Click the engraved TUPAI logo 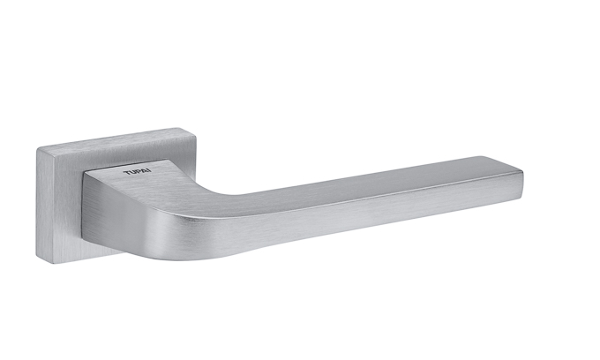[138, 172]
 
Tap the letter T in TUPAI [126, 173]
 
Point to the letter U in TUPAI [132, 172]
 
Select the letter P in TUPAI [138, 172]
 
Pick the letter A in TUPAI [144, 171]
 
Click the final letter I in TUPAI [150, 170]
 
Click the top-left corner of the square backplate [37, 148]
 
